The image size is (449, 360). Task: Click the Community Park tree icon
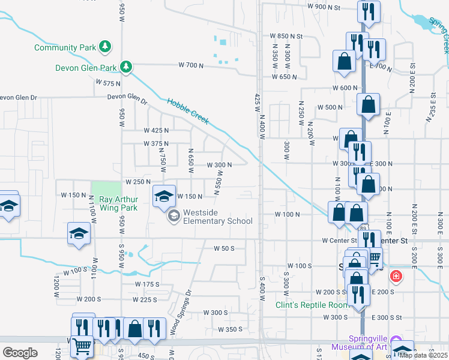(105, 46)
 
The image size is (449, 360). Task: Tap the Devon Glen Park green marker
(126, 66)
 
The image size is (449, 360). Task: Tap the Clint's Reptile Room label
(312, 305)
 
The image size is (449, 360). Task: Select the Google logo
(20, 353)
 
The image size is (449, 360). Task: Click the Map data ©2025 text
(423, 355)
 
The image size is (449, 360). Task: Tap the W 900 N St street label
(324, 7)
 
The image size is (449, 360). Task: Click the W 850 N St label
(286, 36)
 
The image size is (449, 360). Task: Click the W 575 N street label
(108, 83)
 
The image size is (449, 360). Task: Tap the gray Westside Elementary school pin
(173, 216)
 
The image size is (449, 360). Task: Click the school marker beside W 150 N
(163, 196)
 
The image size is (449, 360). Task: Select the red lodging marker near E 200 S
(396, 277)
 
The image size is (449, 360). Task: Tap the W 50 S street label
(224, 248)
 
